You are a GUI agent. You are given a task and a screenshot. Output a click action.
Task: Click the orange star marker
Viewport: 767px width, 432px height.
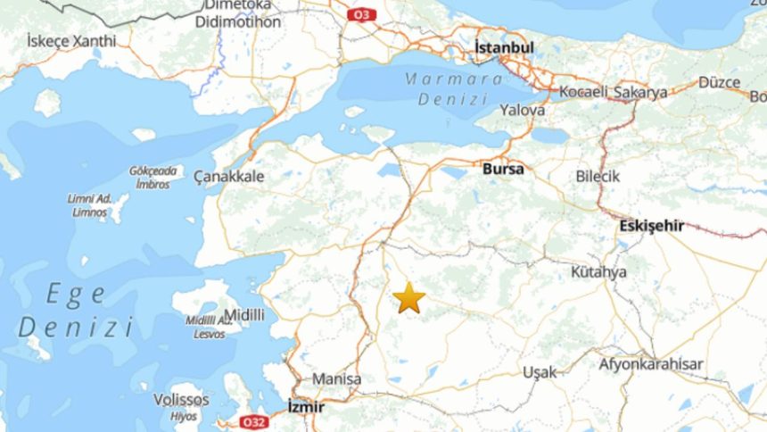point(409,297)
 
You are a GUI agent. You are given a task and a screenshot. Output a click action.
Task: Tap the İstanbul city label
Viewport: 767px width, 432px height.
point(504,47)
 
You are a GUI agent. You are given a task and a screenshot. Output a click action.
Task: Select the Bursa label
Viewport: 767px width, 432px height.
point(501,168)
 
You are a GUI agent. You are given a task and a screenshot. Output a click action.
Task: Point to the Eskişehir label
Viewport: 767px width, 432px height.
point(652,226)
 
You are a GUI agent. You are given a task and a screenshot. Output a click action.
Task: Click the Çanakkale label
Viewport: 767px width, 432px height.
point(229,177)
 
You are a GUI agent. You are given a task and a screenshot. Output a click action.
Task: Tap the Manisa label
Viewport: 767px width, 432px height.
point(336,379)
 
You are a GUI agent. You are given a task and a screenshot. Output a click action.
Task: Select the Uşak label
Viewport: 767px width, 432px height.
point(540,371)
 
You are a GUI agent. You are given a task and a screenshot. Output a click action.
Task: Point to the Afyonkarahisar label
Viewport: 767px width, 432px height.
point(651,364)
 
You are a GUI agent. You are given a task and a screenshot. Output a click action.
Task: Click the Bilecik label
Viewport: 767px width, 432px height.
point(598,177)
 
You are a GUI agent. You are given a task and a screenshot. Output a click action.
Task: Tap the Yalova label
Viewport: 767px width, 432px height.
point(523,110)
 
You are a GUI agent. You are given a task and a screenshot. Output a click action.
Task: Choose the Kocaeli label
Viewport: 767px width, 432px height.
point(583,92)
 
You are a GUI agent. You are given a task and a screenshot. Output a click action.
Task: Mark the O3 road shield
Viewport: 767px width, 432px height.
point(360,14)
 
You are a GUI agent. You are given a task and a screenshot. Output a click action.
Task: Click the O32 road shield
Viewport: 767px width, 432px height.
point(253,421)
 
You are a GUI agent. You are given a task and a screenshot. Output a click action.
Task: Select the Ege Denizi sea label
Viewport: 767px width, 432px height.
point(77,311)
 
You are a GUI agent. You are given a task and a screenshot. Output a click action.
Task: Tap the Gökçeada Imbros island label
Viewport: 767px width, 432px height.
point(153,177)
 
